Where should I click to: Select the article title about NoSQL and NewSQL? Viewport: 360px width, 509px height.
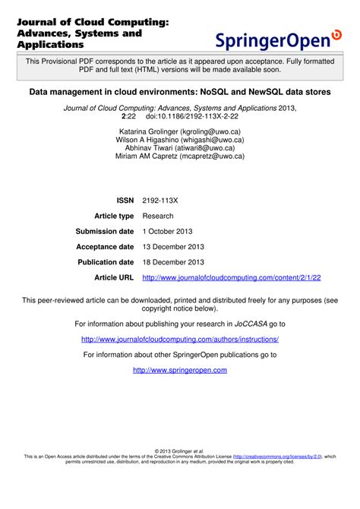(x=180, y=91)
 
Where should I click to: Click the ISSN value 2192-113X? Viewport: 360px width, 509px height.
(x=159, y=200)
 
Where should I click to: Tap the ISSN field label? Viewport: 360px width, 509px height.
(x=125, y=200)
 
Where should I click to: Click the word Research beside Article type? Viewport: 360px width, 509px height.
(x=158, y=216)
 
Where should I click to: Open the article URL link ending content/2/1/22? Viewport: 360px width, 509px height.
(x=232, y=278)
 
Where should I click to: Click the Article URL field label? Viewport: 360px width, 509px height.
(x=114, y=278)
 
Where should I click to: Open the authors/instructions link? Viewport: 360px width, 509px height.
(x=180, y=339)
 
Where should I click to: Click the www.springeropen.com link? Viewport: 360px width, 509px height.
(x=180, y=370)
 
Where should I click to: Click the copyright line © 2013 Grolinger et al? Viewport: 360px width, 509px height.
(x=180, y=451)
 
